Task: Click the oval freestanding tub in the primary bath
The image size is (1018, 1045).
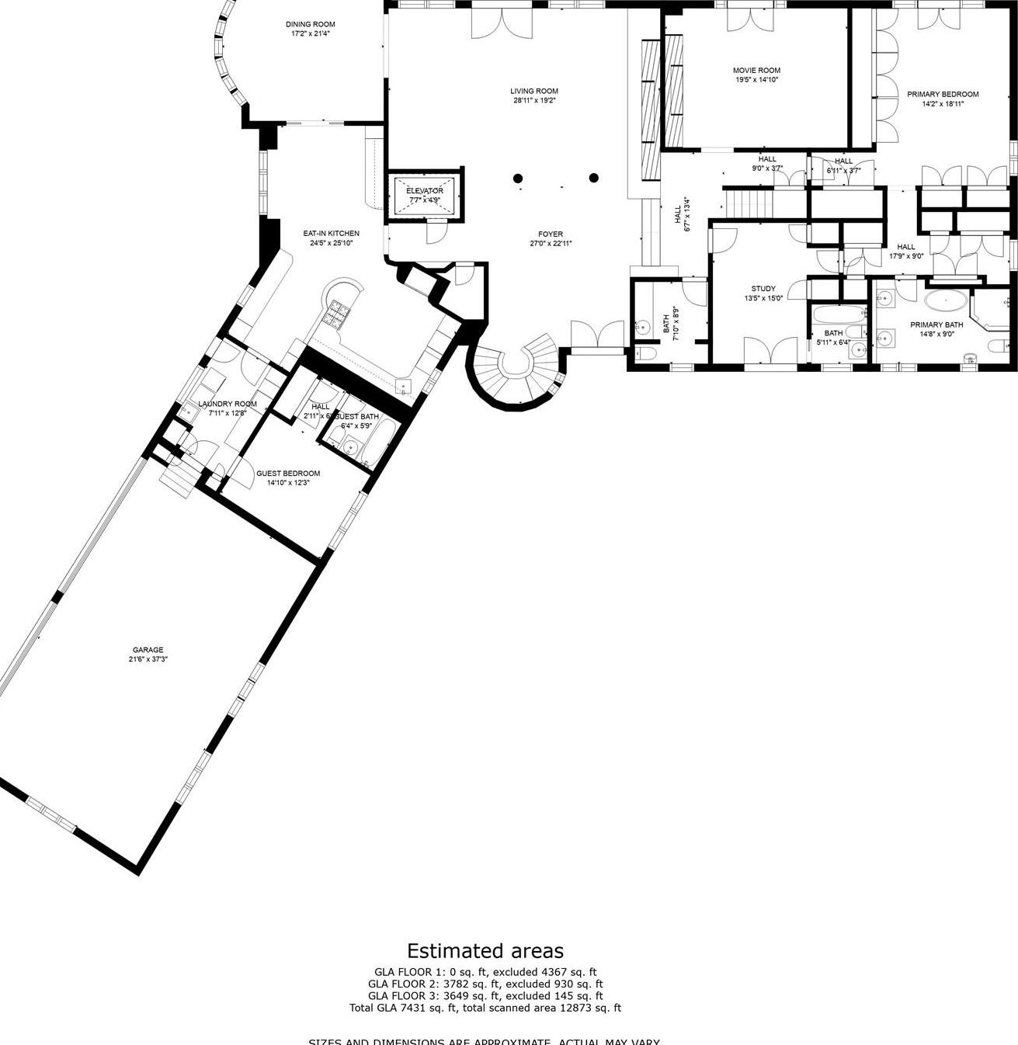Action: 946,300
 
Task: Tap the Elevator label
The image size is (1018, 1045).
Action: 425,191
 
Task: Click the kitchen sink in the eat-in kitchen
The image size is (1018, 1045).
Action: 404,385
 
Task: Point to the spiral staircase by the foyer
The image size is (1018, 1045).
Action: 516,369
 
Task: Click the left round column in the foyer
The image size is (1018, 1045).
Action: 518,179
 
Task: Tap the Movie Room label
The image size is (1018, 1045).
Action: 756,71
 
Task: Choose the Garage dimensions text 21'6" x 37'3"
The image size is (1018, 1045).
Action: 148,659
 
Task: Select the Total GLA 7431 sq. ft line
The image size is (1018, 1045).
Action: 485,1008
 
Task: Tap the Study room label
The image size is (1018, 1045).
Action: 763,289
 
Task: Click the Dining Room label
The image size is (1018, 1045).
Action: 310,25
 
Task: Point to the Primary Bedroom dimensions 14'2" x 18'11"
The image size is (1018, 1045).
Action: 943,104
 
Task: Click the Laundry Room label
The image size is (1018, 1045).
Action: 227,404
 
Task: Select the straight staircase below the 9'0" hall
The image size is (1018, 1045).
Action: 749,203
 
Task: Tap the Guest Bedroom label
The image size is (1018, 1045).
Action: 288,474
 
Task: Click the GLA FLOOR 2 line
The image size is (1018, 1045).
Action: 485,984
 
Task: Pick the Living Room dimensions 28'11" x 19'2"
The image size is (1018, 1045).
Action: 534,101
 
